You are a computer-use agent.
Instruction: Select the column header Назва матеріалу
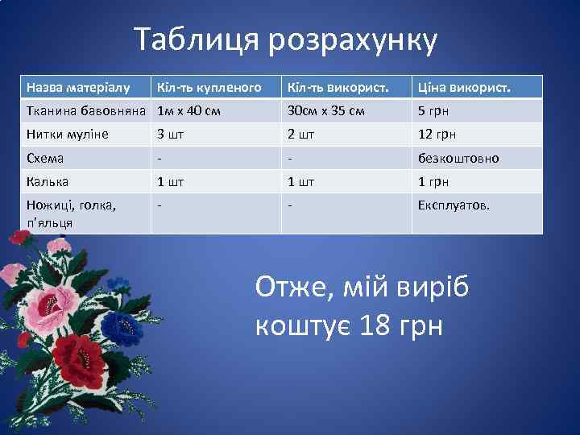[x=77, y=87]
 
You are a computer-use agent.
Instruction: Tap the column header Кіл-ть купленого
[x=209, y=87]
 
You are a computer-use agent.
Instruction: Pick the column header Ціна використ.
[x=464, y=87]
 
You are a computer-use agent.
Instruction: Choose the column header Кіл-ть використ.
[x=333, y=87]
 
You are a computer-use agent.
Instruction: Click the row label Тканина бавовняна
[x=85, y=110]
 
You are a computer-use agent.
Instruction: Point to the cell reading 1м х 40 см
[x=189, y=110]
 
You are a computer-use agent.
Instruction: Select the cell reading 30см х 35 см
[x=325, y=110]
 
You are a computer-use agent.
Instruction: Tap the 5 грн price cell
[x=433, y=110]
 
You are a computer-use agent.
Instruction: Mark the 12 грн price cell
[x=436, y=134]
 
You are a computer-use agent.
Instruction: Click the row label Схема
[x=45, y=158]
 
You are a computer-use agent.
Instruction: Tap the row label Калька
[x=48, y=181]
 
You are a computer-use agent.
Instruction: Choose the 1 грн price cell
[x=433, y=181]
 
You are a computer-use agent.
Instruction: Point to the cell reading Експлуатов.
[x=454, y=205]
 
